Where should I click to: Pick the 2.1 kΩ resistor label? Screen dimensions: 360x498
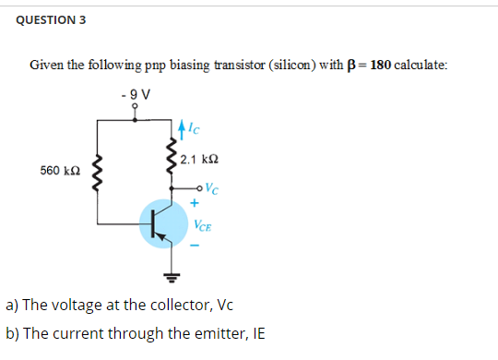pyautogui.click(x=200, y=161)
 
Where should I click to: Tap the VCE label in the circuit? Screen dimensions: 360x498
pyautogui.click(x=204, y=224)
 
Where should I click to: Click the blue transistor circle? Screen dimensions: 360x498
pyautogui.click(x=162, y=226)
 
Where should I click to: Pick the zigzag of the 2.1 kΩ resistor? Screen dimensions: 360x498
pyautogui.click(x=172, y=159)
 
